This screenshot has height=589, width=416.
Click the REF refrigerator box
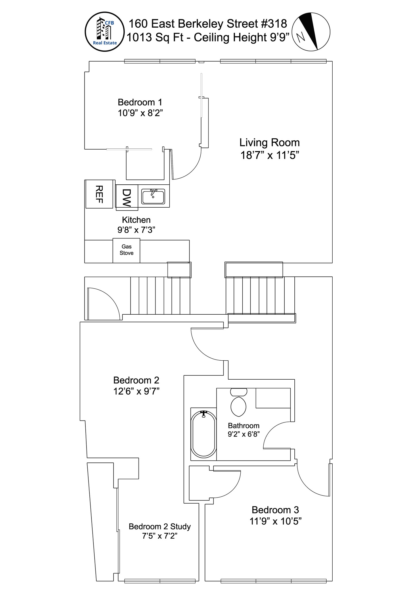click(99, 194)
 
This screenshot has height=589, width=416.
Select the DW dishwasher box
click(126, 198)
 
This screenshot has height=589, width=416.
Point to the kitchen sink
click(153, 196)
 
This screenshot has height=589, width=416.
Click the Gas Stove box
click(126, 250)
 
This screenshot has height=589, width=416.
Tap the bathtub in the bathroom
click(204, 434)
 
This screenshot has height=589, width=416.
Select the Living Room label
click(269, 143)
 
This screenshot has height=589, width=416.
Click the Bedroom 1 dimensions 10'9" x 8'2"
click(140, 113)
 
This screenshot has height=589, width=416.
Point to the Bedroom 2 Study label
click(160, 526)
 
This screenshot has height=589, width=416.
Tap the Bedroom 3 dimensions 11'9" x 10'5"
click(275, 521)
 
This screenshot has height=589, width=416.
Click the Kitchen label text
click(136, 220)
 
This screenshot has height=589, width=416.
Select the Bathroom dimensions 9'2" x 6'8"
click(244, 434)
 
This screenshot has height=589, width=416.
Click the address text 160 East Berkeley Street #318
click(208, 24)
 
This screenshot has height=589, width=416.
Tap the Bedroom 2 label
click(136, 380)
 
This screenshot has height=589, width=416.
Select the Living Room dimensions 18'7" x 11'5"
click(270, 156)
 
